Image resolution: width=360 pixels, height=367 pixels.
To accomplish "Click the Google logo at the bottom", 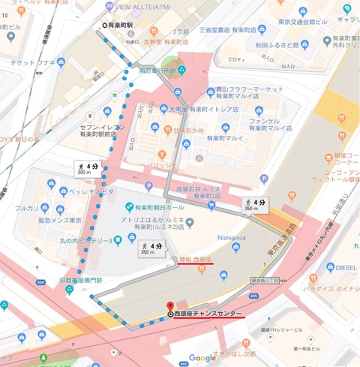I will [x=202, y=358].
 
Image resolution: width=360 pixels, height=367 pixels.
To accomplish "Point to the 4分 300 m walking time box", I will [x=86, y=167].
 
